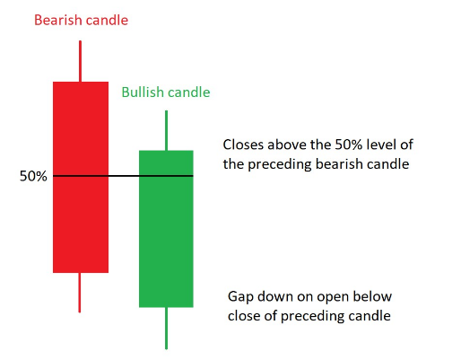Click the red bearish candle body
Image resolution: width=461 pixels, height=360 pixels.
81,177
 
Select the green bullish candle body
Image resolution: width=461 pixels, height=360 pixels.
166,229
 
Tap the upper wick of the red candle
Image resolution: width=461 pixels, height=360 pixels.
80,61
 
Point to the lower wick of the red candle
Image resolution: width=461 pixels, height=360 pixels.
80,293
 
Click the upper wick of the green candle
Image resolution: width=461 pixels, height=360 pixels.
166,130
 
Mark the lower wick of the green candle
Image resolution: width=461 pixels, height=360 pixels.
166,329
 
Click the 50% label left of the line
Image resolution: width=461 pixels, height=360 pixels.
33,176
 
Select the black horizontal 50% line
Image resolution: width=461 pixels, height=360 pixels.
123,176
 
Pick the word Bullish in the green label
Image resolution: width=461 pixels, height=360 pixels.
141,92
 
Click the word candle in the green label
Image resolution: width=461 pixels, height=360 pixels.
187,92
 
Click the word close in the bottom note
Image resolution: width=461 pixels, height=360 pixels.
244,316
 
